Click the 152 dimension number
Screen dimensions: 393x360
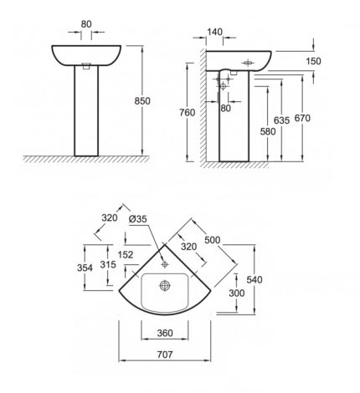point(126,255)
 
